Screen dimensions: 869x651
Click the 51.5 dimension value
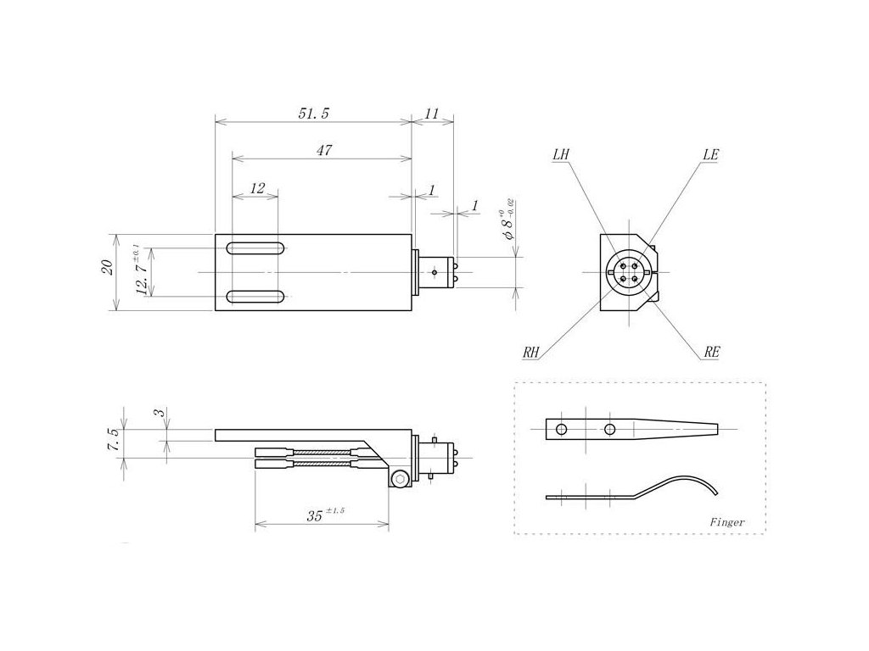312,113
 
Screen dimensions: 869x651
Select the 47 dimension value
322,150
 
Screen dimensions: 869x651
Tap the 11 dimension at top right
432,113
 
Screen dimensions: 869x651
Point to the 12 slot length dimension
257,187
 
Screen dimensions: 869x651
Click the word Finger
727,522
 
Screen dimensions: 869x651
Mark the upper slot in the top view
255,248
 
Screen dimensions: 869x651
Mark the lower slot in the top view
255,297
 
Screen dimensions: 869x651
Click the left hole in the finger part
561,430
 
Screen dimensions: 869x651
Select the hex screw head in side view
399,481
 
